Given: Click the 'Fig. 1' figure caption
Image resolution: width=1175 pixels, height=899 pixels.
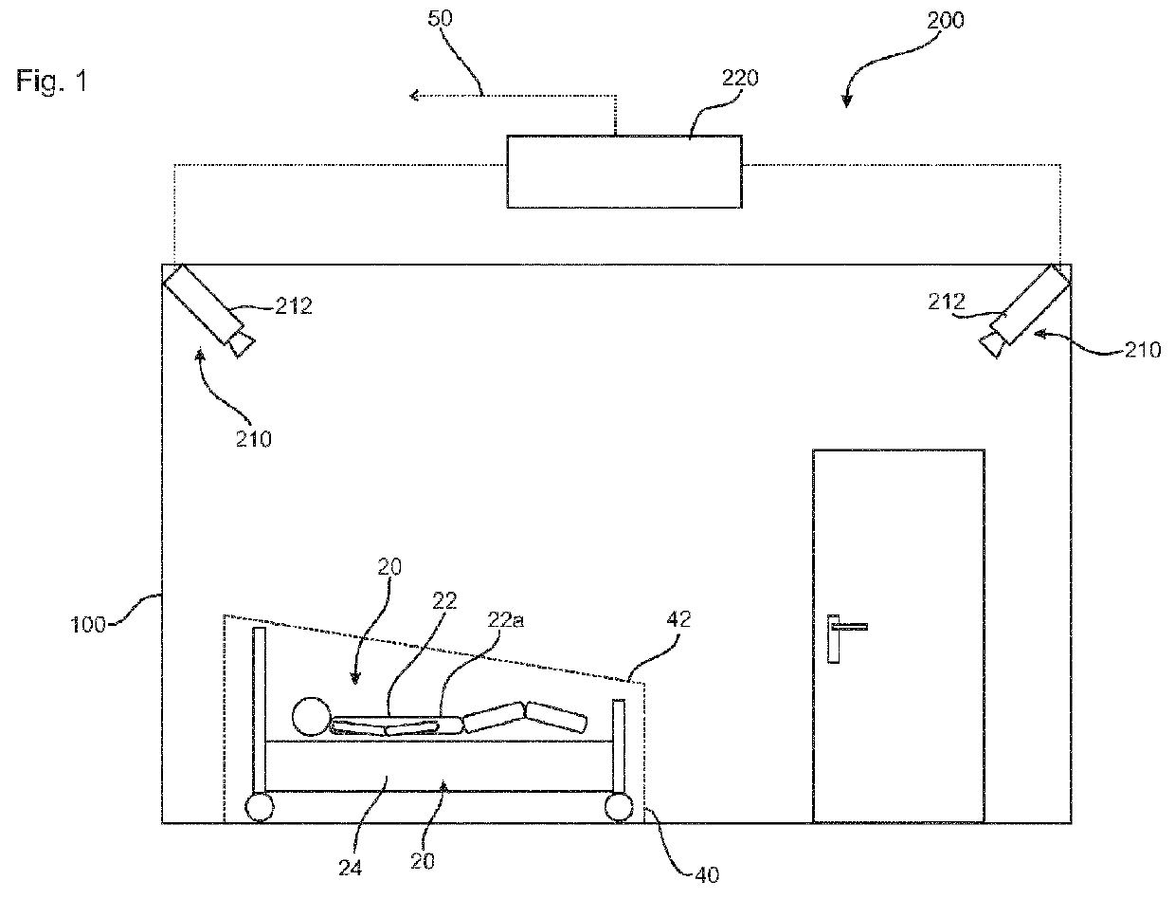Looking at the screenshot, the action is click(51, 82).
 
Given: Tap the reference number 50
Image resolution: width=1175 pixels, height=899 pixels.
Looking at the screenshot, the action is click(440, 18).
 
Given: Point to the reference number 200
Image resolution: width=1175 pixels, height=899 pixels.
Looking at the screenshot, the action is click(945, 20).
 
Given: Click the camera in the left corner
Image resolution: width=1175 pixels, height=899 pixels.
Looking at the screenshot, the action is click(208, 310).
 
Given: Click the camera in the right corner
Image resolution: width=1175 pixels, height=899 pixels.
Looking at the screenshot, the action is click(1024, 311).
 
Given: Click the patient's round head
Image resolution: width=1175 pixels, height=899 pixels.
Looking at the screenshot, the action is click(311, 716).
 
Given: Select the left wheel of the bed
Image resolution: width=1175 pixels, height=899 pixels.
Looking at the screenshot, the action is click(259, 807).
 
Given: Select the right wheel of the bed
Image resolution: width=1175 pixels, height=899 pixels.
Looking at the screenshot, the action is click(619, 807).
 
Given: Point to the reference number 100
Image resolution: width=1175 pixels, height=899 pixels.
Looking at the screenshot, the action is click(88, 625).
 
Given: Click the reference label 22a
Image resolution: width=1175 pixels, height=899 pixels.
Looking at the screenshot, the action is click(505, 620).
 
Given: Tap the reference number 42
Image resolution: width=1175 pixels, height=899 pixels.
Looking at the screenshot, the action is click(678, 619).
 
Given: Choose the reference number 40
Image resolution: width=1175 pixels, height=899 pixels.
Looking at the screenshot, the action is click(707, 875).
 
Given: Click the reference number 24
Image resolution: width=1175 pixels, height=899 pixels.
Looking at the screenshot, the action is click(350, 868).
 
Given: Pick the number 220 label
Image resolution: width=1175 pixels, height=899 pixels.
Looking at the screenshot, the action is click(740, 78).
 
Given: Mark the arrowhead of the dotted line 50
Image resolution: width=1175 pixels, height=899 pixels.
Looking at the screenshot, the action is click(413, 96).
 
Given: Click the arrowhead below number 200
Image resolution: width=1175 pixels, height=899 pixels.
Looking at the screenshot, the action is click(846, 101).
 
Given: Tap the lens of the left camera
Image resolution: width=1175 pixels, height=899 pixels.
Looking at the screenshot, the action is click(242, 345).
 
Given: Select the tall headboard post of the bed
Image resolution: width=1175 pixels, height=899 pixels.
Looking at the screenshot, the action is click(259, 710).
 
